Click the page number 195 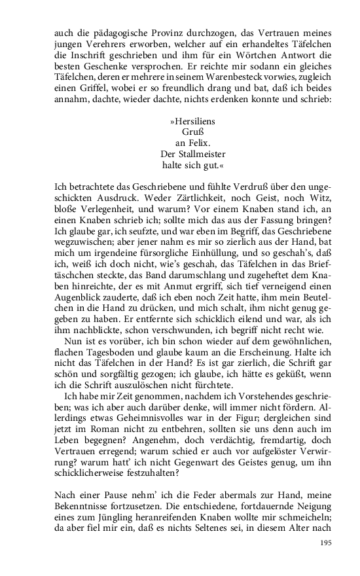327,543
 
